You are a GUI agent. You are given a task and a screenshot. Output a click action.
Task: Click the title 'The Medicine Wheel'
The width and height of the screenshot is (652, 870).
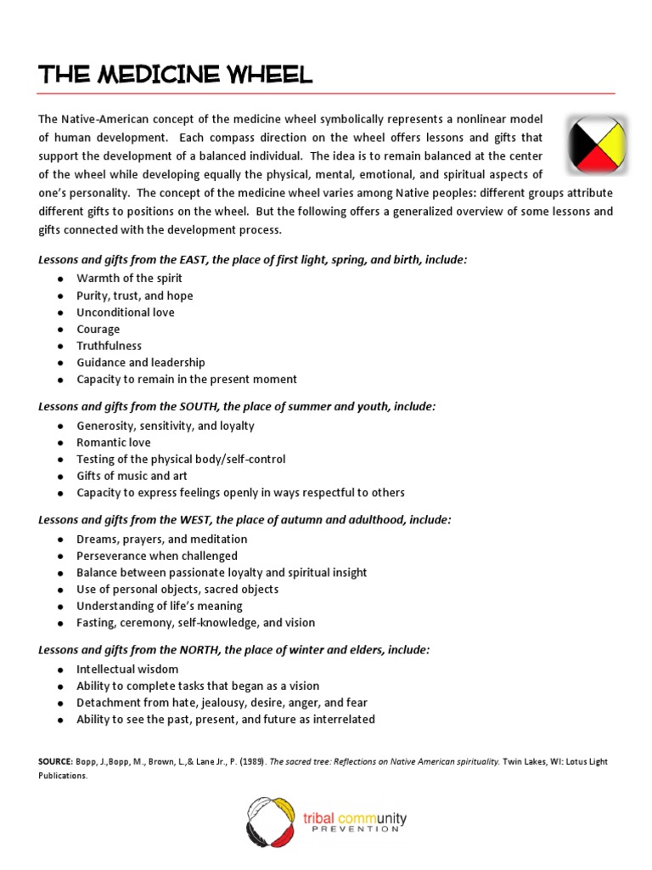click(x=175, y=75)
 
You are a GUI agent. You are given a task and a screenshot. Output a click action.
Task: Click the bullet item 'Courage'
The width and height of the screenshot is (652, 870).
click(x=98, y=329)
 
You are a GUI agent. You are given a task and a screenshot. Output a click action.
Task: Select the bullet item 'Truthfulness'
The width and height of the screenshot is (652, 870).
click(x=110, y=346)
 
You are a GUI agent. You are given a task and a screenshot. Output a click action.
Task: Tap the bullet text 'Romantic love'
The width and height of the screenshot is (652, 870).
click(x=114, y=443)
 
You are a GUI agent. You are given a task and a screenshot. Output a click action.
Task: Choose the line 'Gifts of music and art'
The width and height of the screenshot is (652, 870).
click(x=132, y=476)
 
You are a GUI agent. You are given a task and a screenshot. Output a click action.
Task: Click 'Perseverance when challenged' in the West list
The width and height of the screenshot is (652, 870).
click(x=157, y=556)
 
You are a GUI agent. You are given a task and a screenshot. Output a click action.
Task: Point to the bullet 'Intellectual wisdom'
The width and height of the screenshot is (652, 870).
click(x=127, y=669)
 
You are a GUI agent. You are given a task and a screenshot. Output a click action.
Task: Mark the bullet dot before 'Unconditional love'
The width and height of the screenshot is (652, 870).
click(x=60, y=313)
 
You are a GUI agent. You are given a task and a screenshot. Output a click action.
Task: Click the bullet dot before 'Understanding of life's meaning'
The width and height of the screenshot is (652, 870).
click(x=60, y=607)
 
